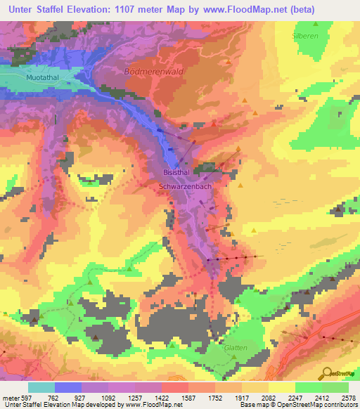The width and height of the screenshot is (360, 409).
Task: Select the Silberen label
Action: click(x=305, y=34)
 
